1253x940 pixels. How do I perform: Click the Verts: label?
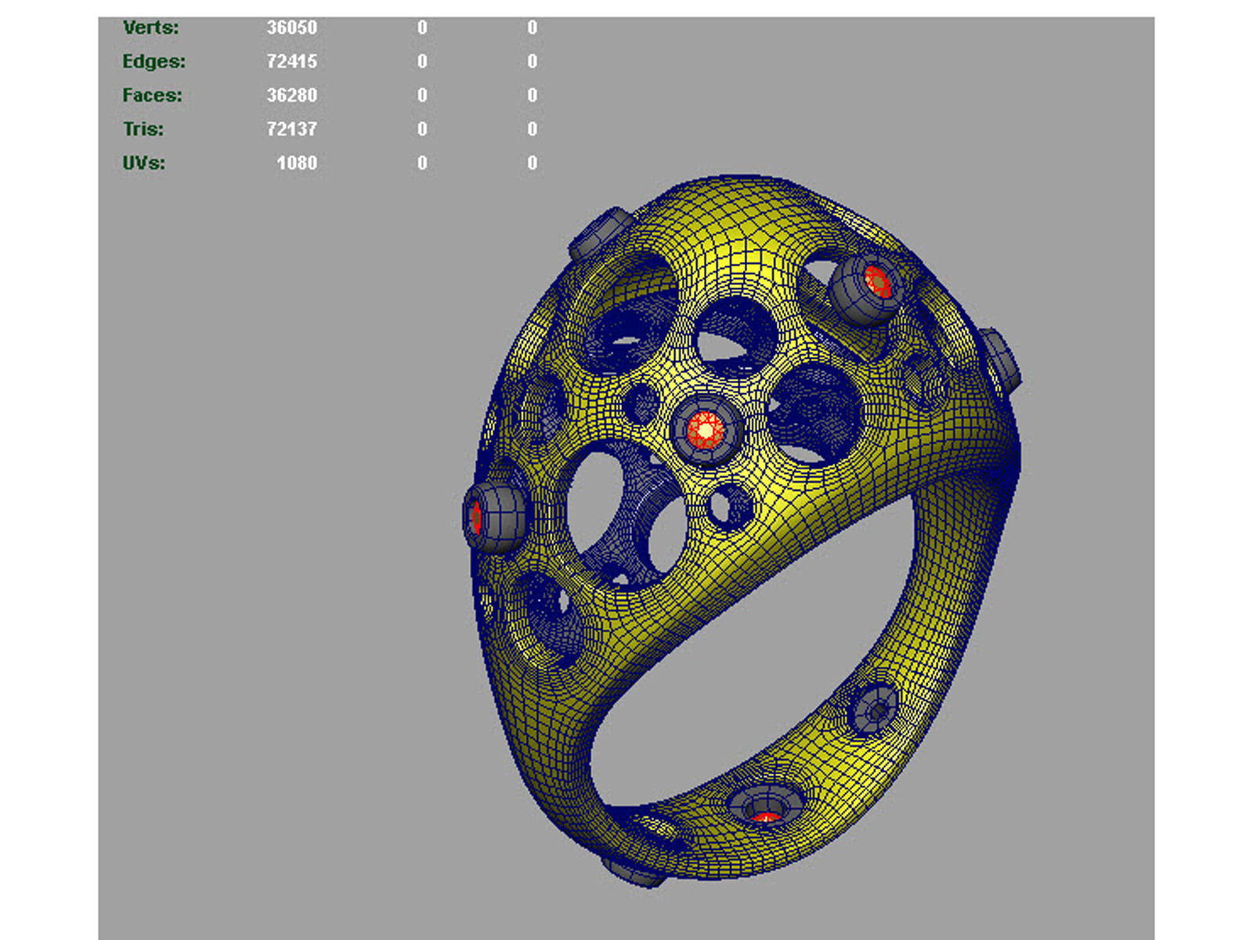tap(150, 27)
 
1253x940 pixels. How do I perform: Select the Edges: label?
tap(153, 61)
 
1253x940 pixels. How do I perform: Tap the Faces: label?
tap(152, 96)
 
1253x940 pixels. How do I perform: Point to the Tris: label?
tap(143, 129)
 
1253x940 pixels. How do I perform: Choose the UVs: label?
tap(143, 164)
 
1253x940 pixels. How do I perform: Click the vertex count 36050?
tap(291, 27)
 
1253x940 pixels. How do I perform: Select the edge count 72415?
tap(291, 61)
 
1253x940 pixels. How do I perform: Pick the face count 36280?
tap(291, 96)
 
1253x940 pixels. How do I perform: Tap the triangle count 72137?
tap(291, 129)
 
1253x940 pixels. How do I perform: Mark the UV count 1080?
tap(296, 164)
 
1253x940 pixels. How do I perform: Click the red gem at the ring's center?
tap(706, 430)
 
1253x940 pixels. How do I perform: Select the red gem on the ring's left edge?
tap(476, 517)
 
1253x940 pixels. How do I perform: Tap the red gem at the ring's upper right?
tap(876, 281)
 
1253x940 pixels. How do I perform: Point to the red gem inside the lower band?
tap(765, 817)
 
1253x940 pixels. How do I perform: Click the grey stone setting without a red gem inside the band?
tap(875, 709)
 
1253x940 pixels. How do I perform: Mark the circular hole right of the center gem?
tap(814, 414)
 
